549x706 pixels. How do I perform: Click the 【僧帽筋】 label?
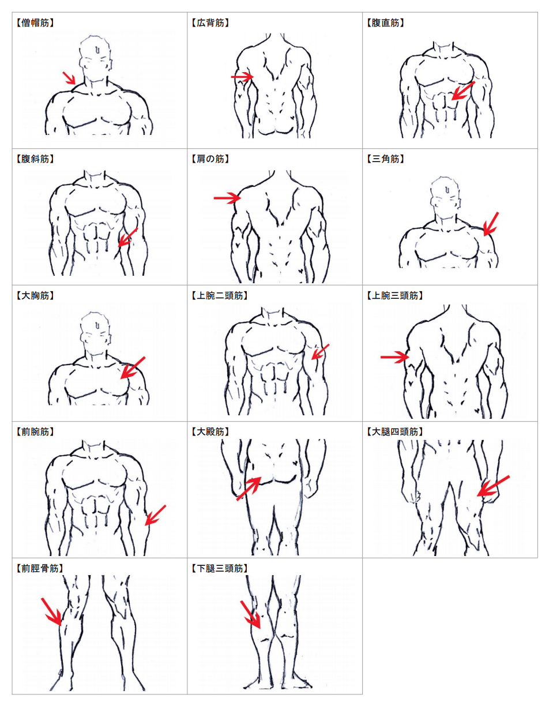coord(35,22)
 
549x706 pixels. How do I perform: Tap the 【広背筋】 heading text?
coord(210,22)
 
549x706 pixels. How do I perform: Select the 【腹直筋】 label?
coord(385,22)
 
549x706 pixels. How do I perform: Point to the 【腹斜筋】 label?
coord(35,159)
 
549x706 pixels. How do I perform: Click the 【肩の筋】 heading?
coord(210,159)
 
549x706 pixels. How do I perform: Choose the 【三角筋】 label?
coord(385,159)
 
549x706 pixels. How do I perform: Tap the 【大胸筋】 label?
coord(35,296)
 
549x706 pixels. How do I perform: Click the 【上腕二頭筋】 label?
coord(219,296)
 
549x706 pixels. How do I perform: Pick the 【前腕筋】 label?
coord(35,432)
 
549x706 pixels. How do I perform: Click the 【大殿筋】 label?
coord(210,432)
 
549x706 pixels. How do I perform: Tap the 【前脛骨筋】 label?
coord(39,568)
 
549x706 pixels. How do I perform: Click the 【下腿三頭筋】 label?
coord(219,568)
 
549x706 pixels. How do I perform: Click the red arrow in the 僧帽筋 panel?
coord(69,78)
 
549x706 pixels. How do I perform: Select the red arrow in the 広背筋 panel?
coord(242,77)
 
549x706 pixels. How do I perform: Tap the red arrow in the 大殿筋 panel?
coord(249,489)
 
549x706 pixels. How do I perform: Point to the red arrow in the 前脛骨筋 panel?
coord(51,612)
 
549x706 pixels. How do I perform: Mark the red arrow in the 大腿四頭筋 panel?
coord(493,486)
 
